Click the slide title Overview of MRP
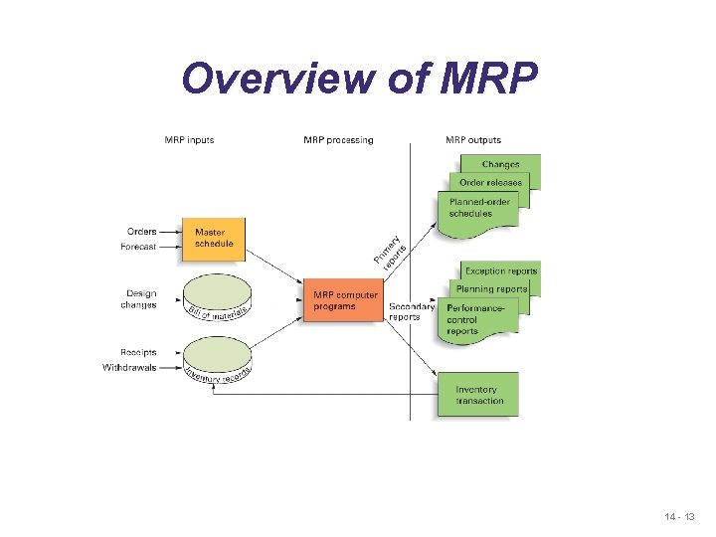click(x=359, y=78)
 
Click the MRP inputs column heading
click(x=189, y=140)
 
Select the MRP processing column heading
click(x=338, y=140)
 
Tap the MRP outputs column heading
click(x=473, y=140)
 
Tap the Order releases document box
click(x=491, y=182)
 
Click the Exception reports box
click(x=501, y=270)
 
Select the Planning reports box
click(x=491, y=288)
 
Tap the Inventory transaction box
click(x=478, y=395)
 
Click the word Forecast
click(x=138, y=248)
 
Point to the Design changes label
click(x=140, y=299)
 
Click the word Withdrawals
click(x=129, y=368)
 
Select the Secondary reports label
click(x=412, y=312)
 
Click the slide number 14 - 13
click(x=681, y=518)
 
